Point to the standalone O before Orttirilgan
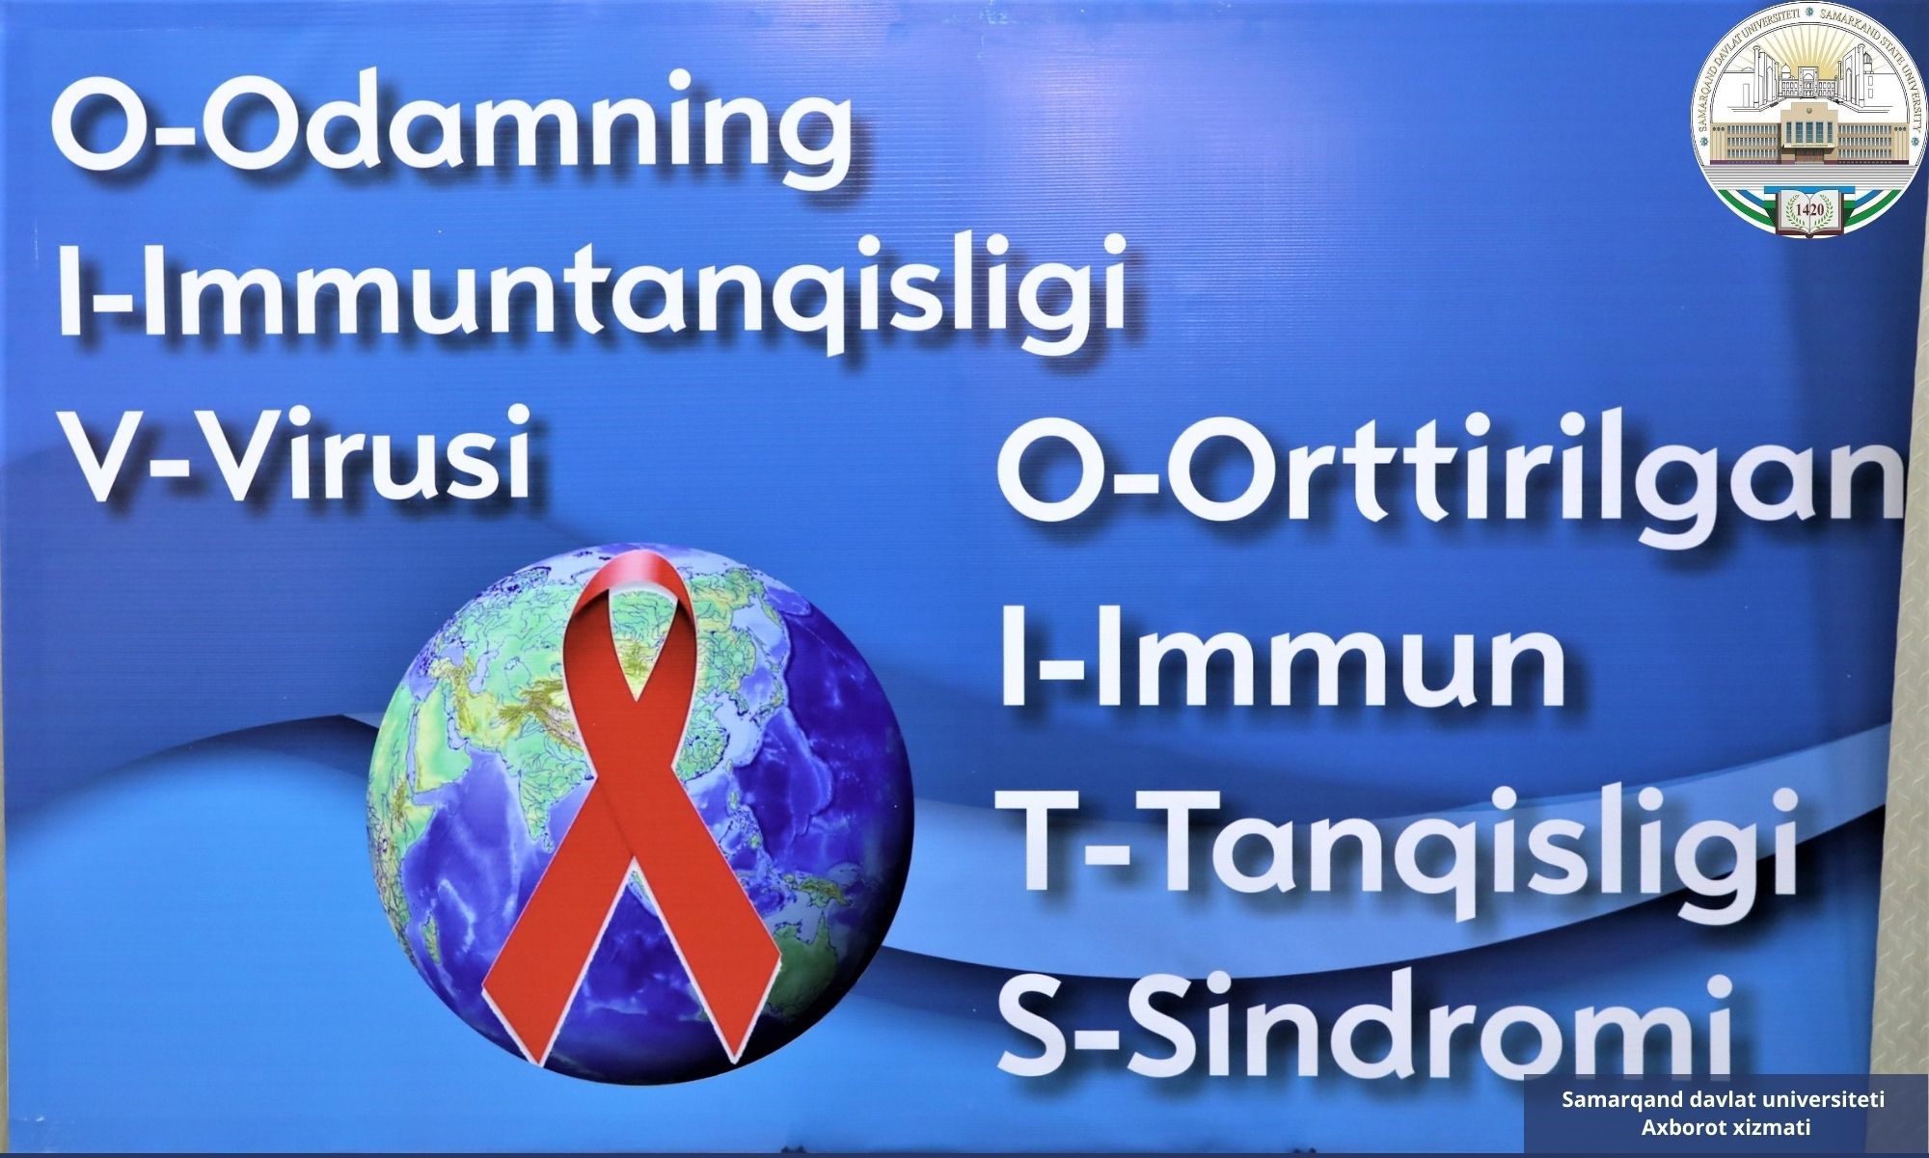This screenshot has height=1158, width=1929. pyautogui.click(x=1046, y=476)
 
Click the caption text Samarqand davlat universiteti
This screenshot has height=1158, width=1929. pyautogui.click(x=1724, y=1099)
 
